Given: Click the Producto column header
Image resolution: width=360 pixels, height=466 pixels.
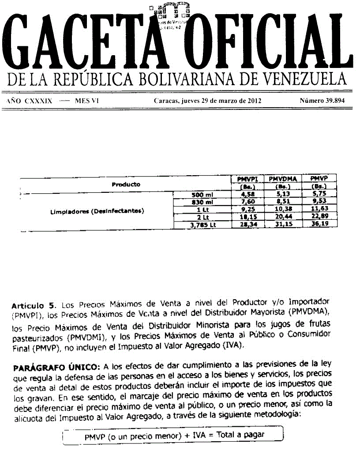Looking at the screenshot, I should (126, 184).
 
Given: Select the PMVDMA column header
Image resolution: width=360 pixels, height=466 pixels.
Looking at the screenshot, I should (282, 179).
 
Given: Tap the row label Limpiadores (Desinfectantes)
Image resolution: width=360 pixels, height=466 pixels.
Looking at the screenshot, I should (98, 210).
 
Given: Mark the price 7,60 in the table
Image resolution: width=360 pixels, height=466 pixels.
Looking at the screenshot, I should (247, 202).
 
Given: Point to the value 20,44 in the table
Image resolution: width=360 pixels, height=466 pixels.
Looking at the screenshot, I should (282, 217).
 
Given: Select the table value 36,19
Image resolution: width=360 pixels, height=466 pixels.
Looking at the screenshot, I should (319, 225).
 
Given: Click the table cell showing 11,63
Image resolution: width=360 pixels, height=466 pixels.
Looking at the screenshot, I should (319, 210).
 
